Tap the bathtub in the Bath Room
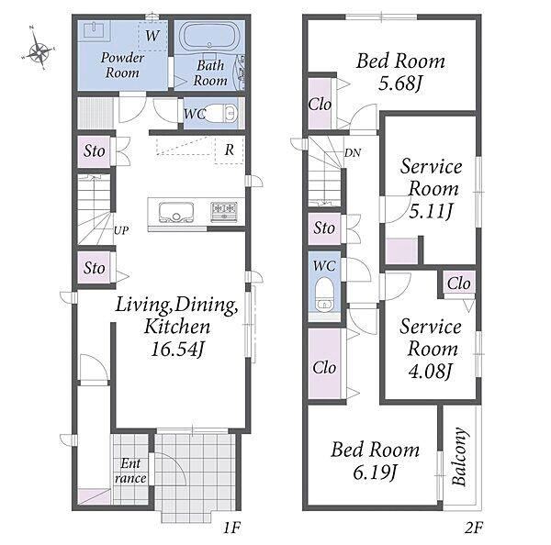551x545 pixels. (209, 37)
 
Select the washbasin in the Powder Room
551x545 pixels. (94, 29)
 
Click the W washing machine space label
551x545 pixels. (152, 36)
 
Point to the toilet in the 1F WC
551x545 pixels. (221, 114)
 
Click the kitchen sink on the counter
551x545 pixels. (175, 212)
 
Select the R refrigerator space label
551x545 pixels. (229, 150)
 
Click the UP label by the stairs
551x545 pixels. (121, 230)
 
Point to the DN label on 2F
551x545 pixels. (352, 152)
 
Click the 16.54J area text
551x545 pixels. (177, 349)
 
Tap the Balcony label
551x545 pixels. (460, 457)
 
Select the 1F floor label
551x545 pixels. (231, 528)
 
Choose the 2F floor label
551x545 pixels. (474, 528)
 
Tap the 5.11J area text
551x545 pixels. (431, 211)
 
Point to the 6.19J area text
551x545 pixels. (376, 473)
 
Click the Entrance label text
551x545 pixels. (130, 471)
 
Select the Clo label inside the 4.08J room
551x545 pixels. (459, 283)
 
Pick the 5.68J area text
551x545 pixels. (400, 83)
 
